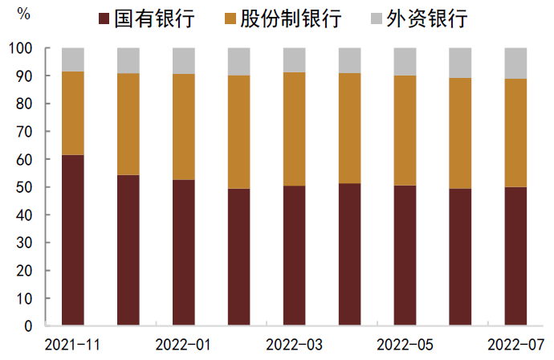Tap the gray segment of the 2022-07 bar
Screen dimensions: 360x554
[515, 63]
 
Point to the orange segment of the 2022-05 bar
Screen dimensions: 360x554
[405, 130]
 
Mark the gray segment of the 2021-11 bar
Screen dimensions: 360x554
[73, 59]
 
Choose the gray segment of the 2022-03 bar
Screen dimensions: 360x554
[294, 60]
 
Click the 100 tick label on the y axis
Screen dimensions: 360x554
[21, 48]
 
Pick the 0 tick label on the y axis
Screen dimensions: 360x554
[28, 326]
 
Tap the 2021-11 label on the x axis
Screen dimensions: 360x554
[73, 345]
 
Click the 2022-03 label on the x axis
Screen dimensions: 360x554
[294, 345]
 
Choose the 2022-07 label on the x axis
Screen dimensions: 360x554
[515, 345]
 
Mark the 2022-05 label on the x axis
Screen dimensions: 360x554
[405, 345]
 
